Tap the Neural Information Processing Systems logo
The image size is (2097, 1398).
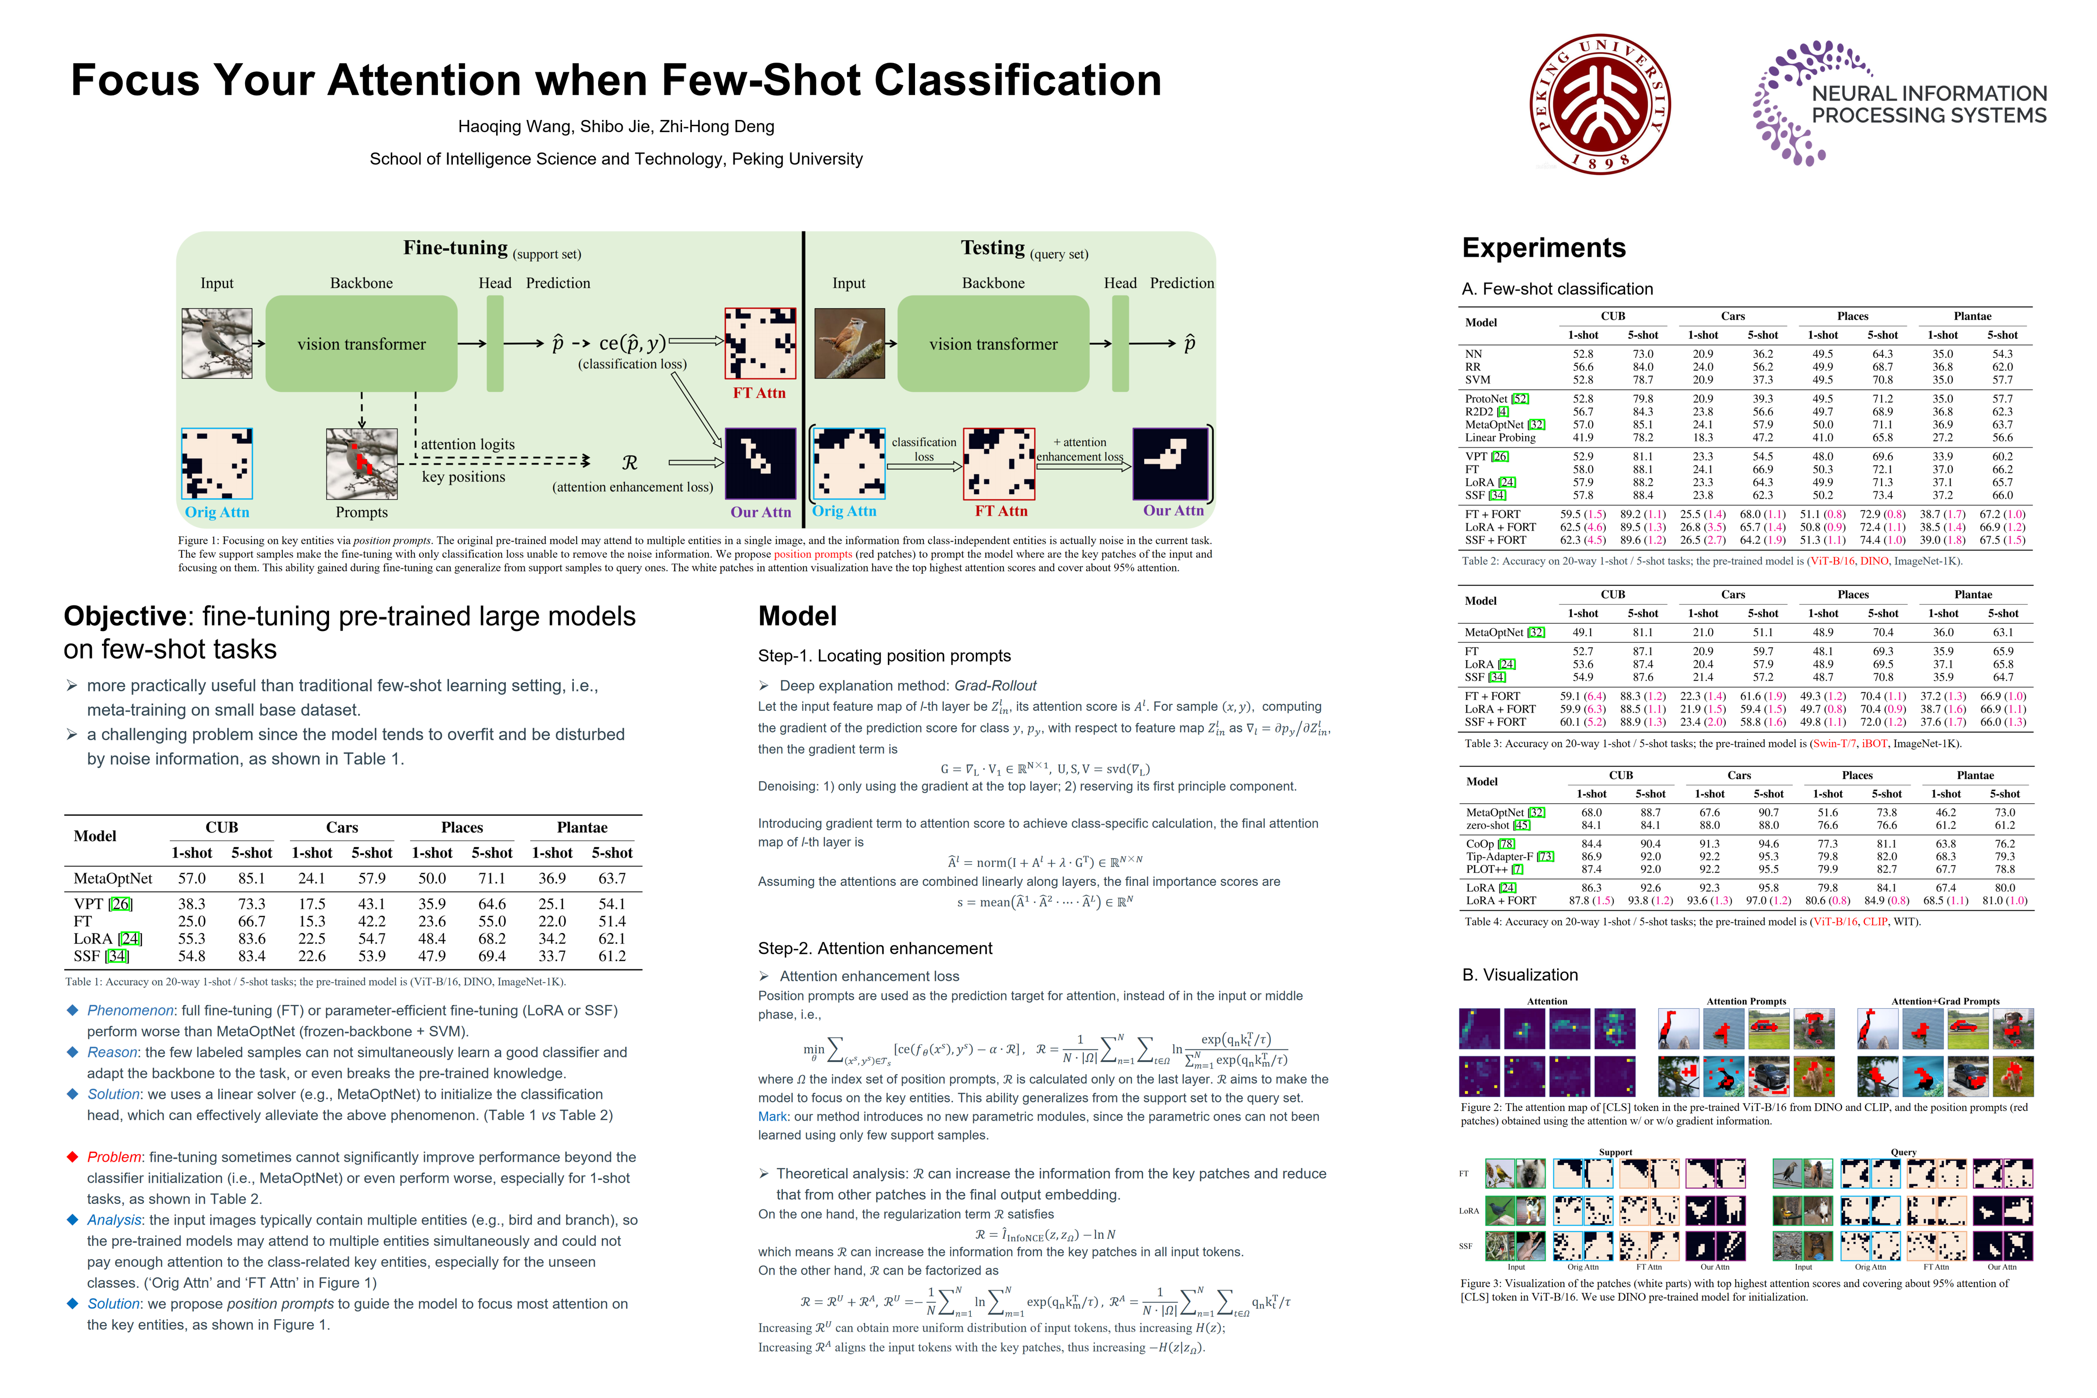1899,103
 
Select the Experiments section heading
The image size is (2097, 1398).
1543,248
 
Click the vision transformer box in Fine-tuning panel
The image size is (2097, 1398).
361,344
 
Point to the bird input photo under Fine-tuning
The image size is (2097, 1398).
216,343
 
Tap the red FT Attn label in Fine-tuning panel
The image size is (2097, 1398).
759,393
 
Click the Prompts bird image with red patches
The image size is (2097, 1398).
361,464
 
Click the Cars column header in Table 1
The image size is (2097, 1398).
341,827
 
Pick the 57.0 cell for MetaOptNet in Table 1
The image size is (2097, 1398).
192,878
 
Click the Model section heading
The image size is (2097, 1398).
797,616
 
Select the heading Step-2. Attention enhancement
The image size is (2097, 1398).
875,948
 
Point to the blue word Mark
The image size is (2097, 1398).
772,1116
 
